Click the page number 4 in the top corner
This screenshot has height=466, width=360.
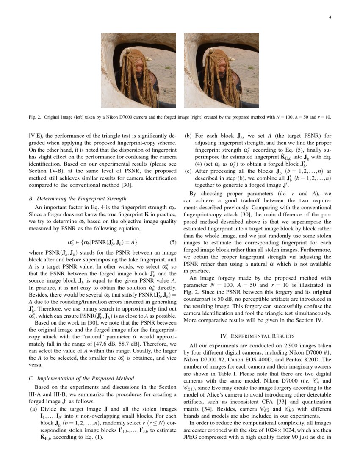click(x=330, y=17)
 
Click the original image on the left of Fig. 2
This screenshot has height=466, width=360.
click(x=138, y=71)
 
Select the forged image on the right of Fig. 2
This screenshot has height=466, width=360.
click(x=221, y=71)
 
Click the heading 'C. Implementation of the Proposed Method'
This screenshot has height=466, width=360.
click(x=81, y=378)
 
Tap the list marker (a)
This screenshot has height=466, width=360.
click(x=33, y=409)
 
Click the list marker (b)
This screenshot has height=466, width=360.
click(x=188, y=136)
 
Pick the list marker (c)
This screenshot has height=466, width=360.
click(x=188, y=171)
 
